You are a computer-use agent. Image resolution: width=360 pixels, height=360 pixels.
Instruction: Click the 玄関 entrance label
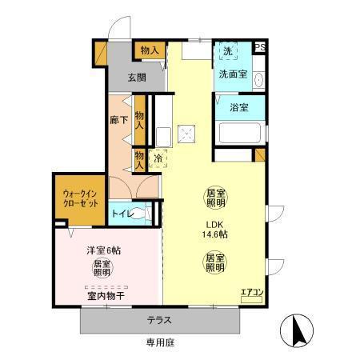point(136,78)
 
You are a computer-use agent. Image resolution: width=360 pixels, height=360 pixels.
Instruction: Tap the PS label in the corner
point(260,48)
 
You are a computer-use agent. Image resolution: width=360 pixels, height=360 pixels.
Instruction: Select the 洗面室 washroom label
point(232,74)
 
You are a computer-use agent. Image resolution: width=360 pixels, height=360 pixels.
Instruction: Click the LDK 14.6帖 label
point(214,230)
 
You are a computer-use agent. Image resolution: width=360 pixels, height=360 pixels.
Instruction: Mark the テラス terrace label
point(158,320)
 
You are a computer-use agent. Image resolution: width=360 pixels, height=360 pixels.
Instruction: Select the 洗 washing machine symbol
point(228,52)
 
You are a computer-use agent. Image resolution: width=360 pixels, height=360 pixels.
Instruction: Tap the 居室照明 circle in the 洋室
point(102,268)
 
